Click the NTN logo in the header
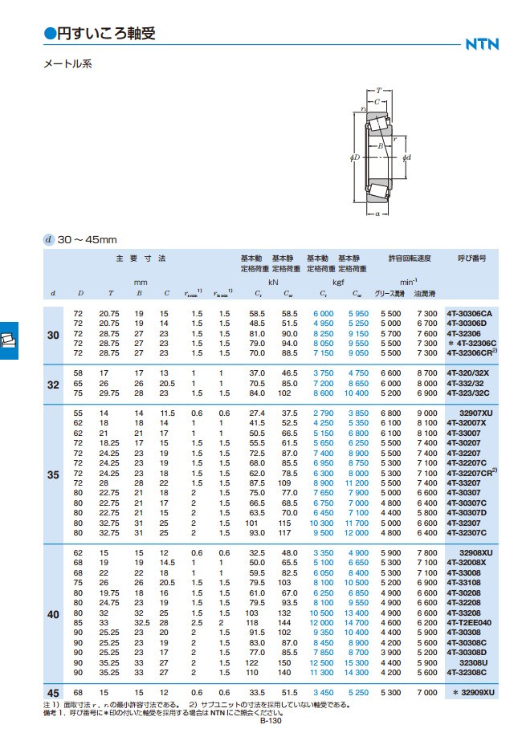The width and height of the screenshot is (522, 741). pos(482,44)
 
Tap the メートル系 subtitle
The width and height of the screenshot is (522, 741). pos(67,63)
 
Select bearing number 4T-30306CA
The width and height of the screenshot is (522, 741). pos(470,314)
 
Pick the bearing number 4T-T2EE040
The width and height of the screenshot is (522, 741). pos(469,623)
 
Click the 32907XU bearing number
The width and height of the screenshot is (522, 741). pos(476,413)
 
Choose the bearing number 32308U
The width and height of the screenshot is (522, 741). pos(473,663)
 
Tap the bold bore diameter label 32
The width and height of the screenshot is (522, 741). pos(53,385)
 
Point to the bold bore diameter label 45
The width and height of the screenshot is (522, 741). pos(53,693)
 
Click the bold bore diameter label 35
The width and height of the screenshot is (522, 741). pos(53,474)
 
